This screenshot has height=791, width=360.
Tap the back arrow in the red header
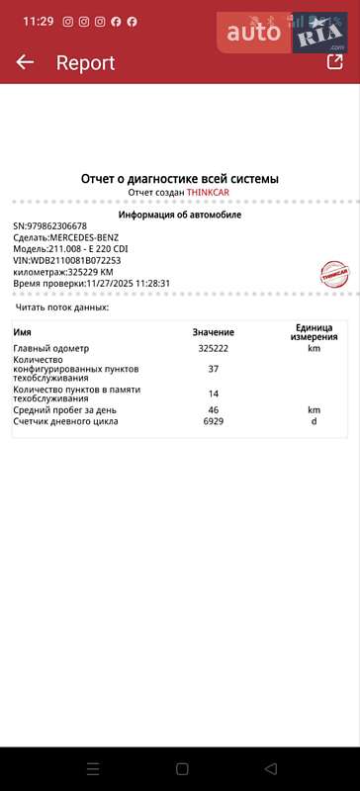[x=25, y=62]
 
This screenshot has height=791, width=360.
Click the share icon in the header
[x=334, y=61]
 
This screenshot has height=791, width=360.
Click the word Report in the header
[x=85, y=63]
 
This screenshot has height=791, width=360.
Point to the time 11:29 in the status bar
[x=38, y=21]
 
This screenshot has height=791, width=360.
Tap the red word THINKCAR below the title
[x=209, y=192]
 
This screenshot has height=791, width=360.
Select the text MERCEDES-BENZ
[x=85, y=237]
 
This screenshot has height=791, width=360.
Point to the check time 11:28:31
[x=151, y=283]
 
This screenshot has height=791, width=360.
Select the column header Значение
[x=213, y=360]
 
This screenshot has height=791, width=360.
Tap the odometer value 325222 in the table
[x=214, y=377]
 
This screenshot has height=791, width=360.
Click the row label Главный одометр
[x=50, y=377]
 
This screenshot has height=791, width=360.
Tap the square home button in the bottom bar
[x=182, y=768]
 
